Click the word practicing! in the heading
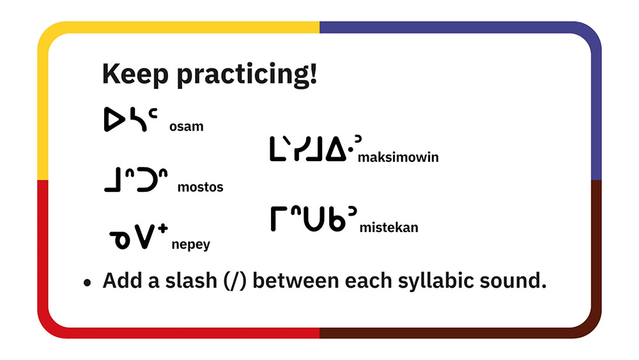(247, 74)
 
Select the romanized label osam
(186, 127)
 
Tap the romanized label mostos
(201, 187)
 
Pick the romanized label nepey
(190, 245)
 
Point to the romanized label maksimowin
(398, 157)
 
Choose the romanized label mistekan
(389, 227)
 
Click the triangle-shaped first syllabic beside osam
(114, 120)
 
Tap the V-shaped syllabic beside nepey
(145, 237)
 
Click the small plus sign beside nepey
(163, 228)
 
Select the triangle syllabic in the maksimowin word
(336, 149)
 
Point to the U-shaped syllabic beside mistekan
(313, 219)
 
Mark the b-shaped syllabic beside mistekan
(337, 219)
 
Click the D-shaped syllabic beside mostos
(147, 180)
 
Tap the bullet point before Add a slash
(87, 283)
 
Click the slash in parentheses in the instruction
(235, 281)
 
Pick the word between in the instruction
(295, 281)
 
